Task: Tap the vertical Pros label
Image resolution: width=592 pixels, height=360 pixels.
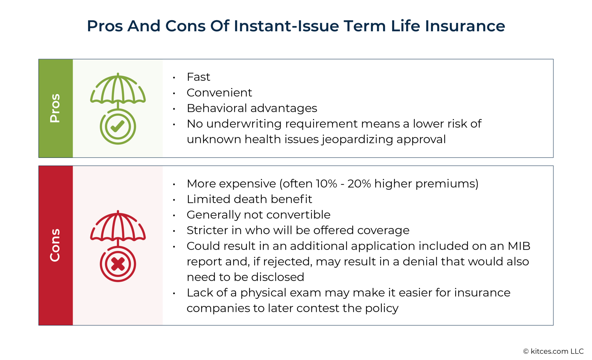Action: (55, 108)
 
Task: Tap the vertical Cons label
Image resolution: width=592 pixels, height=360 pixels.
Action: (55, 245)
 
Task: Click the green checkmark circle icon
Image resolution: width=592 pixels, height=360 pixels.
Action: (118, 126)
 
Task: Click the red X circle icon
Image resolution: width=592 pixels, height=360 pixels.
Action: (118, 264)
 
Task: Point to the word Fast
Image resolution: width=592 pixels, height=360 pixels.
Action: (198, 77)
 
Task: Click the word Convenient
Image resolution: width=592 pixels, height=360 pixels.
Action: (219, 93)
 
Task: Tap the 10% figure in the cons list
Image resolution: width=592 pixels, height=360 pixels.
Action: (326, 184)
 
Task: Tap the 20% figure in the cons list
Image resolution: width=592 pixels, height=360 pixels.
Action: (359, 184)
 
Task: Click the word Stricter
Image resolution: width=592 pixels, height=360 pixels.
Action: (207, 230)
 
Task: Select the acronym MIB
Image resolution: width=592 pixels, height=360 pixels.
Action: (519, 246)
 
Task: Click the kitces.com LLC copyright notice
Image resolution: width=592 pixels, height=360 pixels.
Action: (553, 351)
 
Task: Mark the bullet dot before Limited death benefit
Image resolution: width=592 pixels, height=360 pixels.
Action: (174, 200)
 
